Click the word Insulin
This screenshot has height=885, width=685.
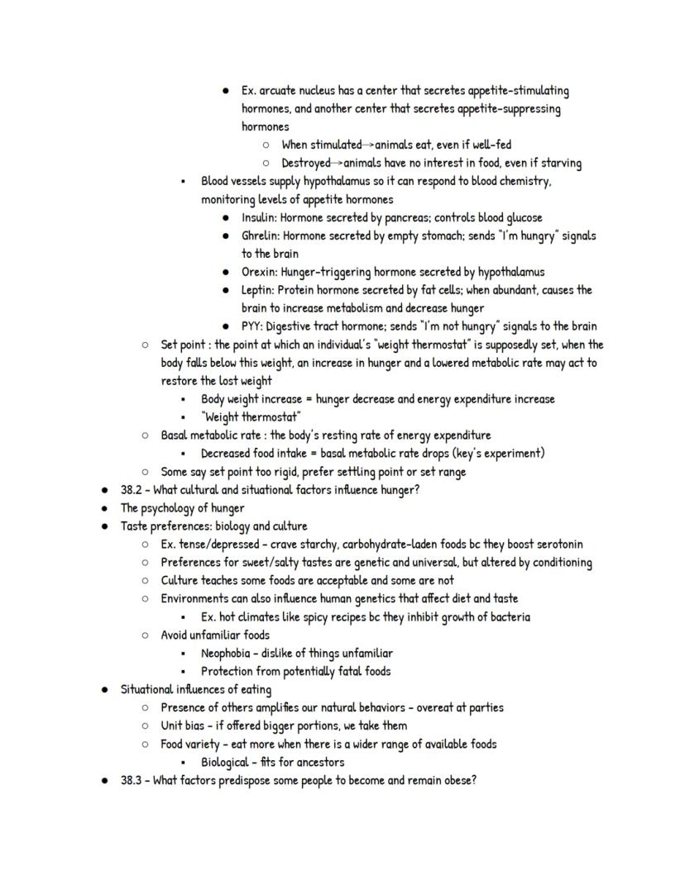[259, 218]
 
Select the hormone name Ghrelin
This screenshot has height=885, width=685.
[261, 236]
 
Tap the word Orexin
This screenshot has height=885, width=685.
[259, 272]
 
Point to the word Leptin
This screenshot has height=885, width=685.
[257, 290]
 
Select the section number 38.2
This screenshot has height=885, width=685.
[132, 490]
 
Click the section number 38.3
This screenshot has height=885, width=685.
[132, 780]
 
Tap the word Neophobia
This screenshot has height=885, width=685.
[229, 654]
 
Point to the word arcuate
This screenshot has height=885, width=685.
[279, 91]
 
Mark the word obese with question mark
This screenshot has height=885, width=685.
[459, 780]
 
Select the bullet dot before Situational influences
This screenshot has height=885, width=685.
[104, 690]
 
